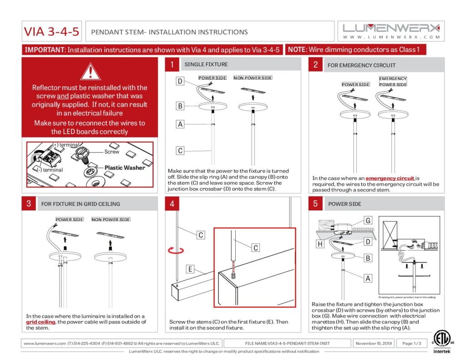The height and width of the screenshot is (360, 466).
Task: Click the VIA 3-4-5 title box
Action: (x=52, y=32)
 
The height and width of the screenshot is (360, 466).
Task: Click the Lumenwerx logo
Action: (x=391, y=31)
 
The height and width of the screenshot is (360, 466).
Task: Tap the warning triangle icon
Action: (x=90, y=71)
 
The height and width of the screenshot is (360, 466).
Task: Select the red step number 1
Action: (x=172, y=65)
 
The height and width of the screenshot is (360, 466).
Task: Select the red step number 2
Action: (x=315, y=65)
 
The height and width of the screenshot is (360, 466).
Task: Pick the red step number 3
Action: (x=29, y=203)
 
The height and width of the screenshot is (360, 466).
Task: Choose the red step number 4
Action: (x=172, y=203)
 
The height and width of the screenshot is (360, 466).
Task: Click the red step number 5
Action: (x=315, y=203)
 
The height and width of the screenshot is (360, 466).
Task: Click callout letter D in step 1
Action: (x=180, y=81)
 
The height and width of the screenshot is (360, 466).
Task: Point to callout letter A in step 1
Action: (x=180, y=124)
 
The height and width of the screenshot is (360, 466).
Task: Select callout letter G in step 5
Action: (x=368, y=221)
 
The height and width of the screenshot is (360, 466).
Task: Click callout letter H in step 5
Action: (x=320, y=244)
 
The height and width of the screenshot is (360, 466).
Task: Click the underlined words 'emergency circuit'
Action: (x=390, y=178)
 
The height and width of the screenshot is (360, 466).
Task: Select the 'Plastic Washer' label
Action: (x=125, y=167)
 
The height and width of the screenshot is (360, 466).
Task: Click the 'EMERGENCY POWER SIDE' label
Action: (x=393, y=81)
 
